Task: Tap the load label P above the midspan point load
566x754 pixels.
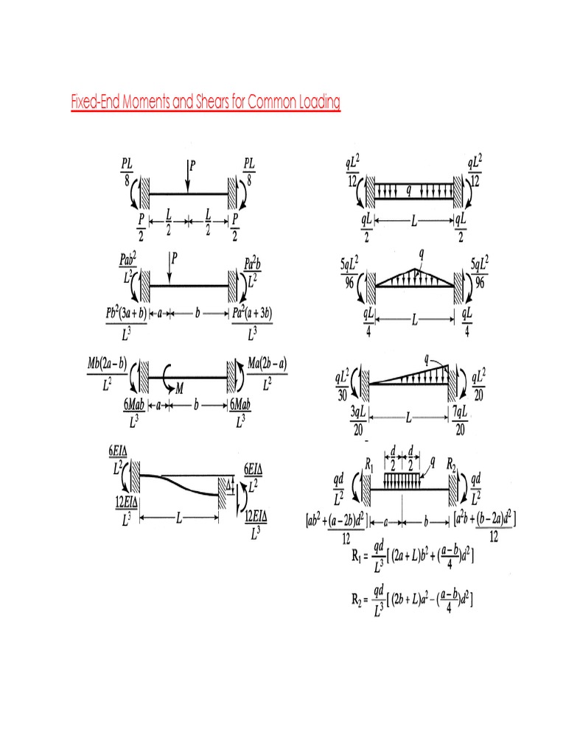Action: [x=192, y=165]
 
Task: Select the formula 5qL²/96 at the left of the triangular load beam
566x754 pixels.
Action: [x=349, y=272]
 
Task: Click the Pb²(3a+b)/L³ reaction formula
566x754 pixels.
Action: [x=126, y=322]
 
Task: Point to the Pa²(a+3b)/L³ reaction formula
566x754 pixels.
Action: [x=252, y=322]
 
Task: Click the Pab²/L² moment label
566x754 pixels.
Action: [x=127, y=268]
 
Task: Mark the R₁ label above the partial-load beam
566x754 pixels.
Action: [x=371, y=465]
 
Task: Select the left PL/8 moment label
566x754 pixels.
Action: [x=127, y=169]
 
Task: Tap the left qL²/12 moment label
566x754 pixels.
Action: [x=353, y=170]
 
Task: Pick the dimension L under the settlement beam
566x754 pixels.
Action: [x=178, y=518]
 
